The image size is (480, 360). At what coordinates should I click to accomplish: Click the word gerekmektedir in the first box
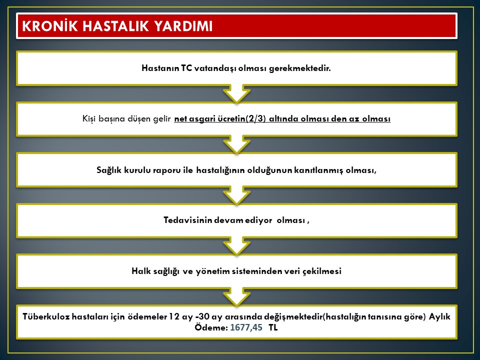pos(300,68)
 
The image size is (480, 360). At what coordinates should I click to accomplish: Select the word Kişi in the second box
pos(89,119)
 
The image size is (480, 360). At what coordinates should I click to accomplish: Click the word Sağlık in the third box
pos(109,170)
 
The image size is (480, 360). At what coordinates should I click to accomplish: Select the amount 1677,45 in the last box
pos(246,327)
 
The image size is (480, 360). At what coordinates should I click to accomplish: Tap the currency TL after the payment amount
pos(273,327)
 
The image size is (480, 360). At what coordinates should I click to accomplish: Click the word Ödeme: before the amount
pos(211,327)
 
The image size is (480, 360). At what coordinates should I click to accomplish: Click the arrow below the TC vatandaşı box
pos(236,93)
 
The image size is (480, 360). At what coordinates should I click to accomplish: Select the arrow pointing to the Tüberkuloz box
pos(236,297)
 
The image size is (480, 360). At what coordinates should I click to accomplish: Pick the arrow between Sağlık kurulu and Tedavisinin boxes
pos(236,195)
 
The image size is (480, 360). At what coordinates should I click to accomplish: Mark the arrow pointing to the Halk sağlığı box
pos(236,246)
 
